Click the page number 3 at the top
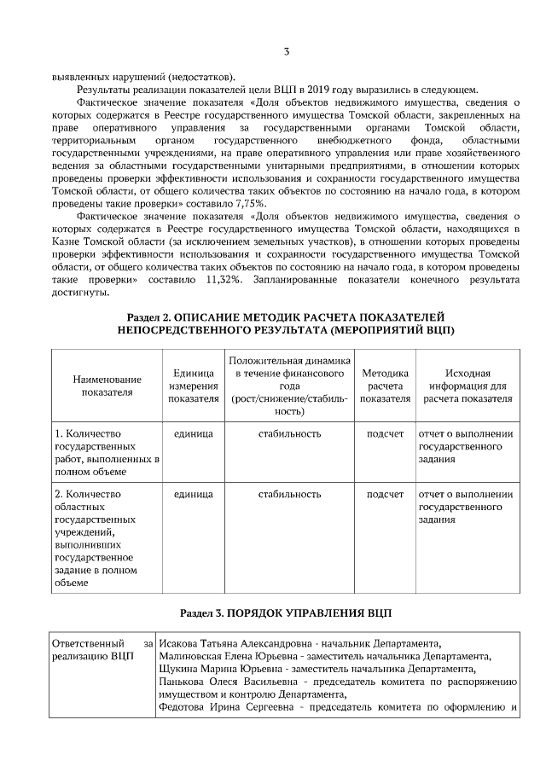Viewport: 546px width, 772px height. click(286, 53)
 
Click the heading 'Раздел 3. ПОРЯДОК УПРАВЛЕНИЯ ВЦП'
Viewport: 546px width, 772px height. click(286, 613)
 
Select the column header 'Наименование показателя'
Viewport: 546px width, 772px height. click(107, 386)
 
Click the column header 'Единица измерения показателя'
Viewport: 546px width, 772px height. click(193, 386)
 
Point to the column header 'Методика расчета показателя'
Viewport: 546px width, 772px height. click(385, 386)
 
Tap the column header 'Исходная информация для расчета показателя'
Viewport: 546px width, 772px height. click(468, 386)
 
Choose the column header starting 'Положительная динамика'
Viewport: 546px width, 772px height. click(289, 386)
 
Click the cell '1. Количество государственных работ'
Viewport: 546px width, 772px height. click(107, 452)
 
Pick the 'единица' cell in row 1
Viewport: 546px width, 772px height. click(193, 434)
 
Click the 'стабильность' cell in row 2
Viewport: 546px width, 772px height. click(289, 494)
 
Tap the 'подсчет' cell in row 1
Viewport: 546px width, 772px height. click(385, 434)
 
